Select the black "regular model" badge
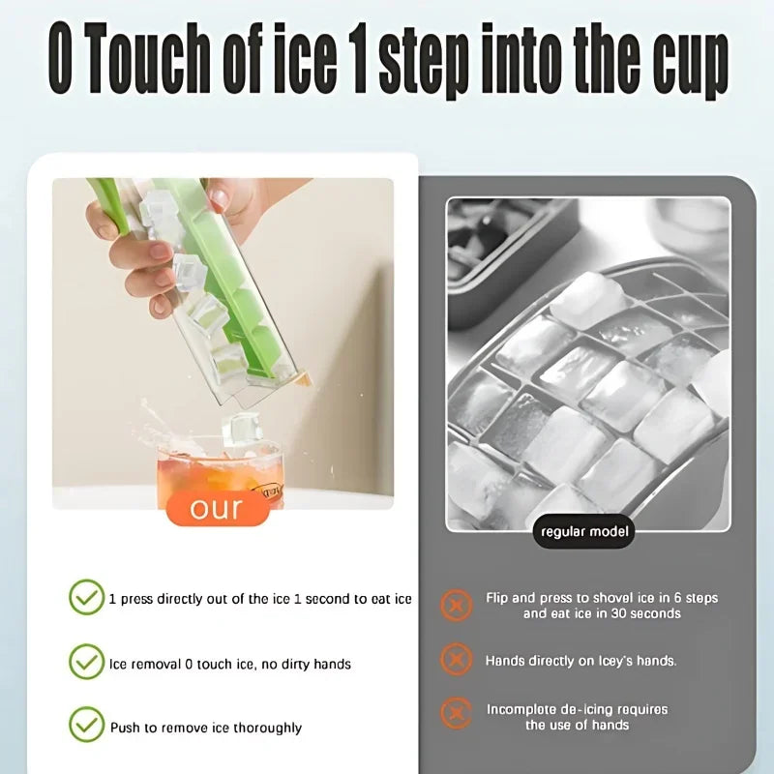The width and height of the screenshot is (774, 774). click(x=583, y=531)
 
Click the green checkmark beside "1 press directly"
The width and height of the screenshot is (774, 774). click(x=86, y=597)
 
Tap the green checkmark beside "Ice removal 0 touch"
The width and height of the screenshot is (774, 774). click(x=86, y=663)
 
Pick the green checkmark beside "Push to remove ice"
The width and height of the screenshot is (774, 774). click(x=86, y=726)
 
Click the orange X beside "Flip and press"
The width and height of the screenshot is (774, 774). click(x=456, y=605)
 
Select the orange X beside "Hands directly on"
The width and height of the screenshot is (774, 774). click(x=456, y=660)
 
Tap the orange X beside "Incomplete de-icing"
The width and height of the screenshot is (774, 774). click(x=456, y=715)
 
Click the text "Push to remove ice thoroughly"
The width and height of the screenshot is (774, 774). click(x=205, y=728)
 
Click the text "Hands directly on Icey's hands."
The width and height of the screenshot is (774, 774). click(x=580, y=661)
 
